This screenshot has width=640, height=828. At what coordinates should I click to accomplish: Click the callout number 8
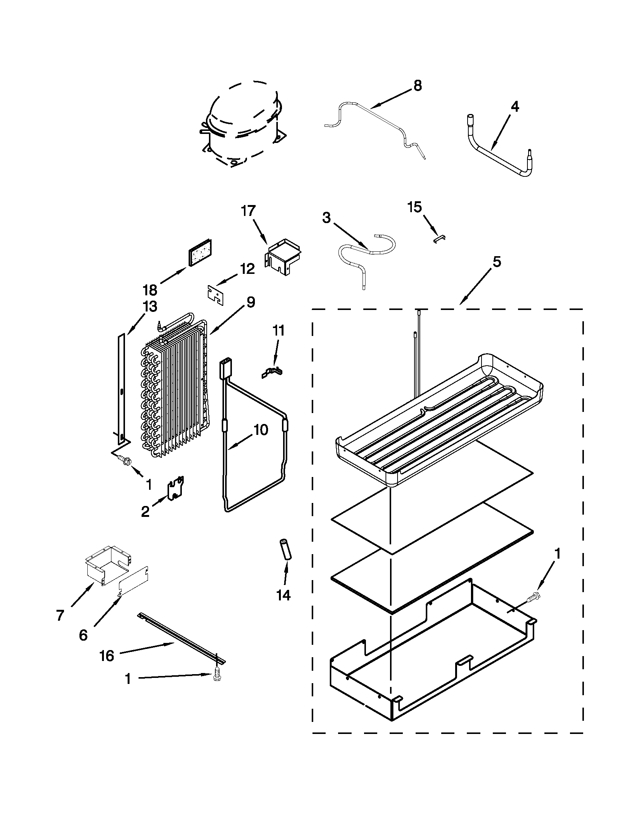[417, 86]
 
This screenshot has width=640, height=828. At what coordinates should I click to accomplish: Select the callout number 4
[514, 107]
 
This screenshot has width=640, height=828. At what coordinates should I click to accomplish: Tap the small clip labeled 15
[440, 238]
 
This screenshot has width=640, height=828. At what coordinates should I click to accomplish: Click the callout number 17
[248, 211]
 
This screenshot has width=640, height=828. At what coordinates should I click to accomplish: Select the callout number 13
[150, 306]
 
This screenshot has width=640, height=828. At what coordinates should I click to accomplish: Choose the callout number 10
[261, 430]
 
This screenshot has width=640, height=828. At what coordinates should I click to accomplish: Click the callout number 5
[497, 261]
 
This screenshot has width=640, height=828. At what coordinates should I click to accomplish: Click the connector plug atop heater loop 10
[225, 368]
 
